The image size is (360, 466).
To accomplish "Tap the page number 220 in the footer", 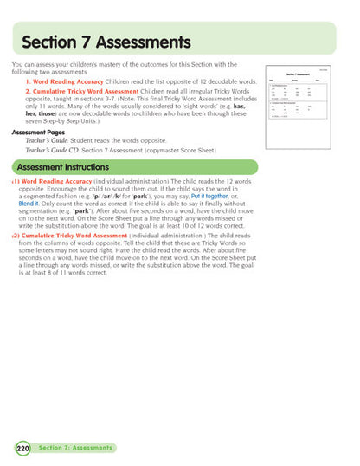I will [x=22, y=448].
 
